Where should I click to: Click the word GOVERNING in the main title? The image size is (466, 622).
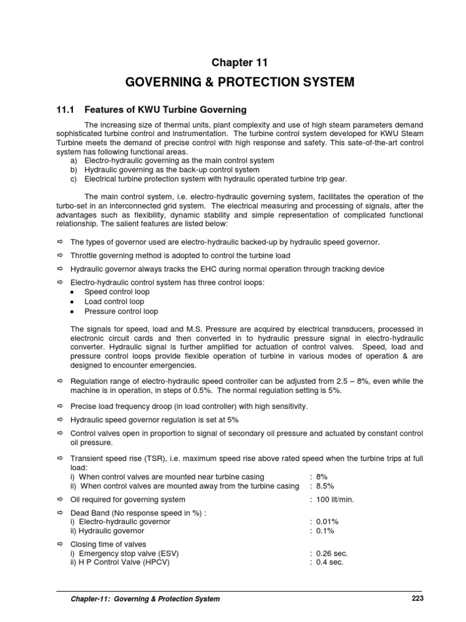coord(162,83)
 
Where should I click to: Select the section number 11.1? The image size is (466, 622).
coord(60,110)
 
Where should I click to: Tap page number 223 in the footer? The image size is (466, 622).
coord(417,598)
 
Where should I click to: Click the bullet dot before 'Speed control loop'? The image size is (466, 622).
coord(72,292)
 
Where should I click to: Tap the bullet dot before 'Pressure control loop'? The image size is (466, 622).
coord(72,312)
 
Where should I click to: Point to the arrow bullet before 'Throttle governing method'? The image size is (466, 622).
coord(59,256)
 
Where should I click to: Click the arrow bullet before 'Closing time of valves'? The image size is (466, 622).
coord(59,544)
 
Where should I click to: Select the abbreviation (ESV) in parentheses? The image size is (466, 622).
coord(167,553)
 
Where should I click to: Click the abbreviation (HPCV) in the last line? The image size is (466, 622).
coord(154,562)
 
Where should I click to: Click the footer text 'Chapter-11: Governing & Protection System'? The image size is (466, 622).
coord(145,599)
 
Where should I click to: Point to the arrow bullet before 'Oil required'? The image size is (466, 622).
coord(59,499)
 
